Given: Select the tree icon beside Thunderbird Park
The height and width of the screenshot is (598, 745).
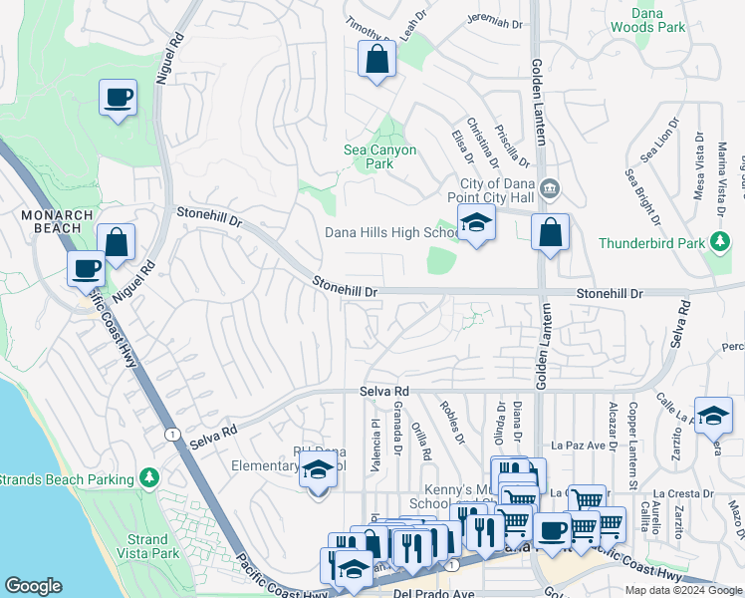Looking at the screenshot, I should coord(717,242).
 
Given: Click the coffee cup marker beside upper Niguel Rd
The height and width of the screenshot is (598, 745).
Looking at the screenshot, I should coord(118,99).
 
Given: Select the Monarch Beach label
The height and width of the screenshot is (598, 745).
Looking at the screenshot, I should coord(58,221).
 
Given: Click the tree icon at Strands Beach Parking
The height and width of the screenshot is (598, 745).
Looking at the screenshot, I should coord(149,479).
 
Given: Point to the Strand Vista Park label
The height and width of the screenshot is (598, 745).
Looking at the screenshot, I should coord(147,546).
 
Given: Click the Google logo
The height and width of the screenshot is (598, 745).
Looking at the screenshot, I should coord(33,586).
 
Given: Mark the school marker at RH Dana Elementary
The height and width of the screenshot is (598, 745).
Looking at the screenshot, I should coord(318,471).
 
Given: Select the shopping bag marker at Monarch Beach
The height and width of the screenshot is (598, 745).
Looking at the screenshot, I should coord(116,242).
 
